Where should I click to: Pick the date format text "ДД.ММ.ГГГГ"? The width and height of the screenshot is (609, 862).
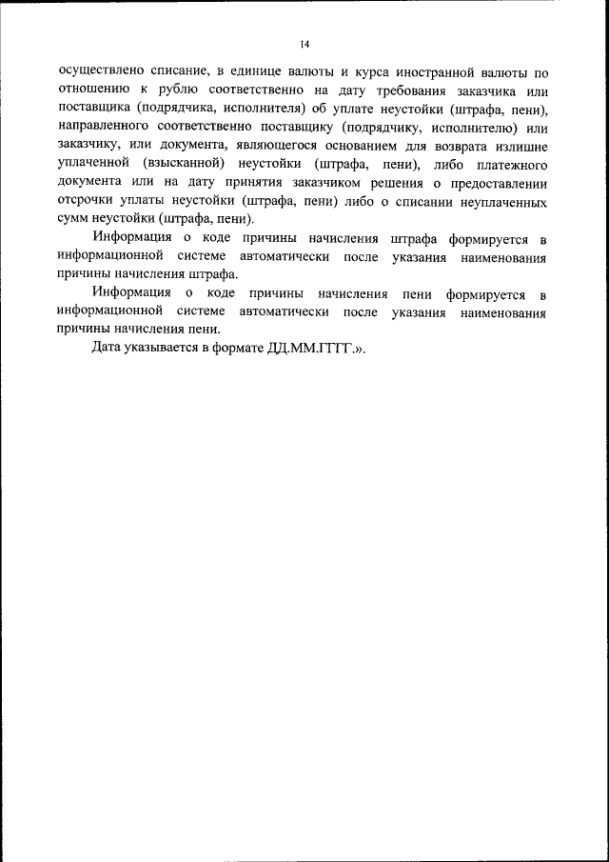click(309, 348)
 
